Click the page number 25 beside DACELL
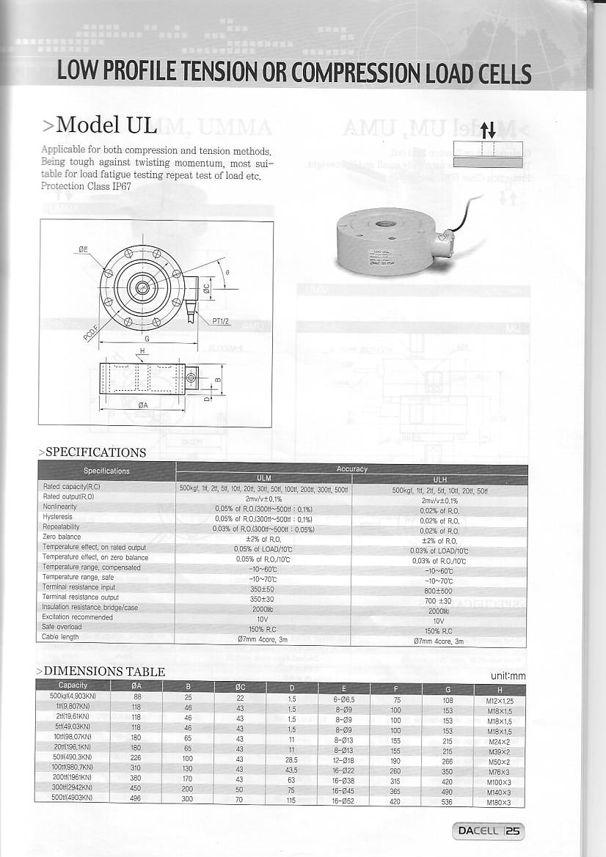point(513,831)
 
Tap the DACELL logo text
point(478,831)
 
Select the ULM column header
point(263,478)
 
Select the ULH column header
point(439,479)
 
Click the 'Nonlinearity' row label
point(59,507)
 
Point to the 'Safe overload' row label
point(62,627)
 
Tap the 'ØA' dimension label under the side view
point(143,405)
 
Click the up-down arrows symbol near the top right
point(488,131)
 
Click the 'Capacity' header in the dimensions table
point(73,685)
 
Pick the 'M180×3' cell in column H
point(498,802)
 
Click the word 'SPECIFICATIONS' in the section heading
point(95,452)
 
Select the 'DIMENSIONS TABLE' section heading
point(104,671)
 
